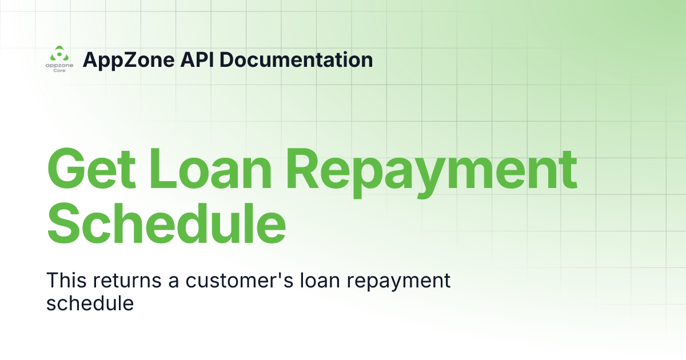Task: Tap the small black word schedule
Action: [x=90, y=303]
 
